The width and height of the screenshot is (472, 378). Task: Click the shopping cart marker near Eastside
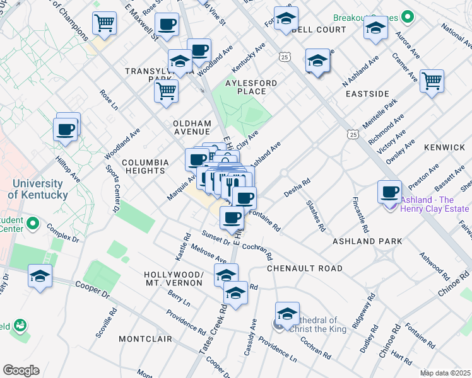tap(432, 81)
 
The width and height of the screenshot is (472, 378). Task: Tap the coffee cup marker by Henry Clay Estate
tap(389, 190)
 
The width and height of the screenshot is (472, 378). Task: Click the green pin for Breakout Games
tap(407, 16)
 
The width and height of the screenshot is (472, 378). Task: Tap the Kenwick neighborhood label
tap(444, 147)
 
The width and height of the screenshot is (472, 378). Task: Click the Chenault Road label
tap(305, 268)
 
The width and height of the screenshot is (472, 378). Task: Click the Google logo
tap(21, 370)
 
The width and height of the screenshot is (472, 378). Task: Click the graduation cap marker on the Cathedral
tap(286, 314)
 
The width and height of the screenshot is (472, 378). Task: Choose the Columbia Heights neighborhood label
tap(145, 167)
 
